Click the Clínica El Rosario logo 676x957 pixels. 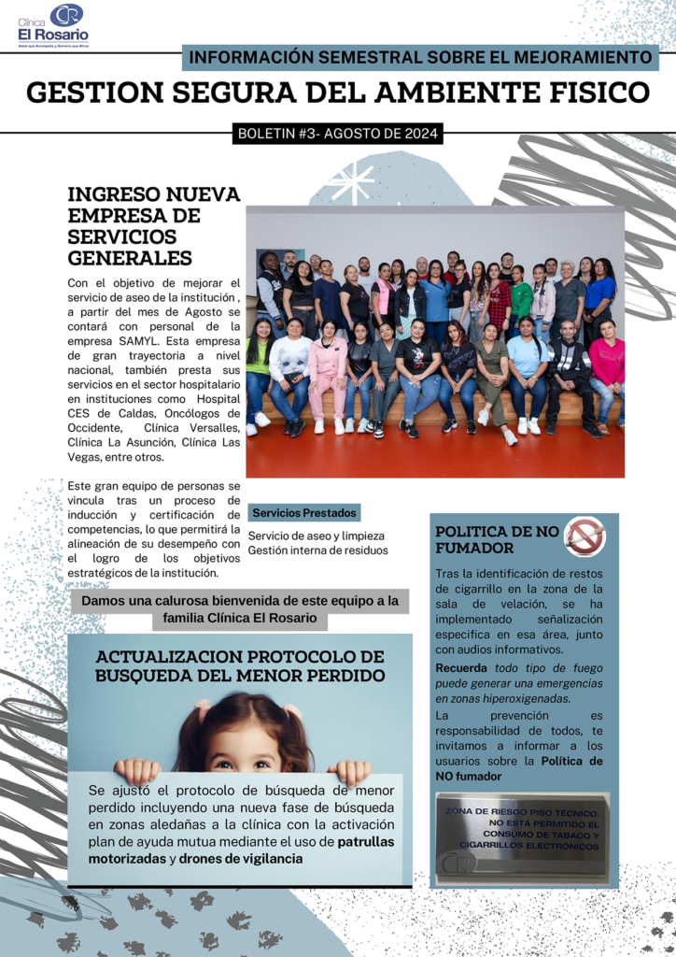pyautogui.click(x=53, y=25)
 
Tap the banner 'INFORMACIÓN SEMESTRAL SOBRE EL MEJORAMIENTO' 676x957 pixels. pyautogui.click(x=420, y=57)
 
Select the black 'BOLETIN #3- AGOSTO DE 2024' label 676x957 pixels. pyautogui.click(x=337, y=134)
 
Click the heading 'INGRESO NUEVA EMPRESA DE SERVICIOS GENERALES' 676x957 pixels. pyautogui.click(x=154, y=225)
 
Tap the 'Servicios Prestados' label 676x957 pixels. pyautogui.click(x=303, y=513)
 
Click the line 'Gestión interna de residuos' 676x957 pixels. pyautogui.click(x=317, y=550)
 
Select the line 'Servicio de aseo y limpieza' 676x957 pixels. pyautogui.click(x=316, y=536)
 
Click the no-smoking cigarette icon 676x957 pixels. pyautogui.click(x=584, y=536)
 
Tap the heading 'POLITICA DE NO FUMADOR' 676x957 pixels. pyautogui.click(x=498, y=539)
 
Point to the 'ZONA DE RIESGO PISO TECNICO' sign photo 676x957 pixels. pyautogui.click(x=522, y=837)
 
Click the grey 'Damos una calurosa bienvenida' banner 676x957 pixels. pyautogui.click(x=240, y=608)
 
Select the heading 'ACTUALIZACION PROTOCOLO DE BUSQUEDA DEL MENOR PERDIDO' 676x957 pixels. pyautogui.click(x=240, y=665)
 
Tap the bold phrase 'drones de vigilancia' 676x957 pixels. pyautogui.click(x=241, y=859)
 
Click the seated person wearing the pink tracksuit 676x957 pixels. pyautogui.click(x=329, y=374)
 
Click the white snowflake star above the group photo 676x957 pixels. pyautogui.click(x=352, y=182)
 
